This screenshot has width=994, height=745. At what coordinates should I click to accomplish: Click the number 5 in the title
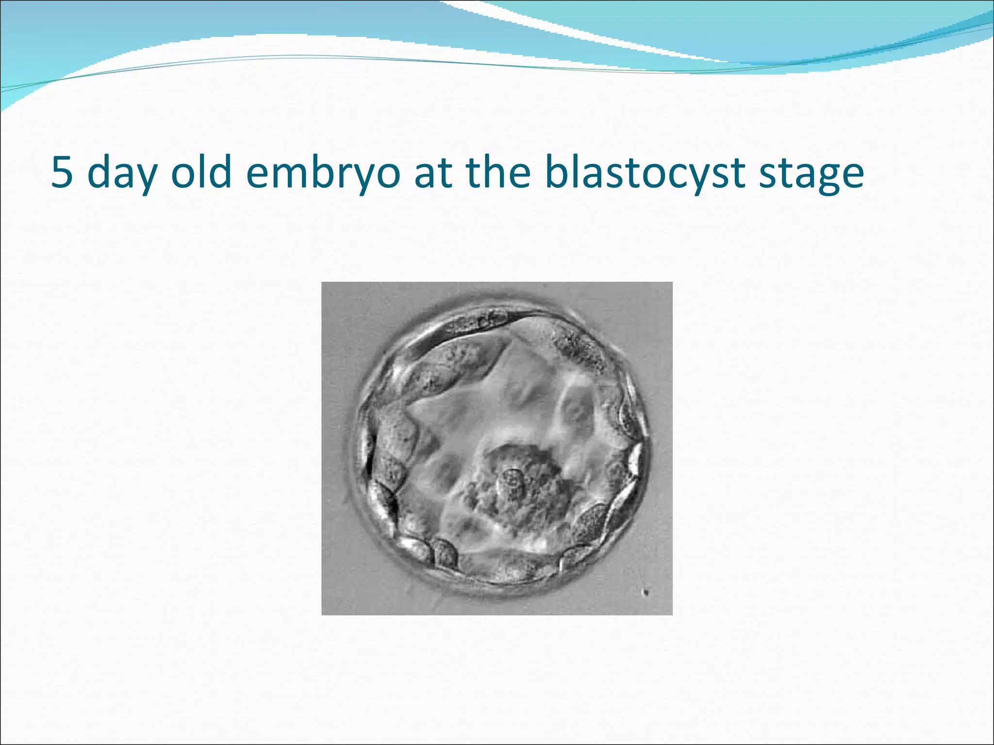click(x=62, y=173)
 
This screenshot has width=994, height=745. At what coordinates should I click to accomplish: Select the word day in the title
click(x=122, y=174)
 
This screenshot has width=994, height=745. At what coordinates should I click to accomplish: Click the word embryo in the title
click(x=324, y=174)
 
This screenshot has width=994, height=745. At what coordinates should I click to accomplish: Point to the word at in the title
click(x=432, y=173)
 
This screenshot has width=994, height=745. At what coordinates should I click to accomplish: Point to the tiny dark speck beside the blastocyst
click(x=646, y=591)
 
